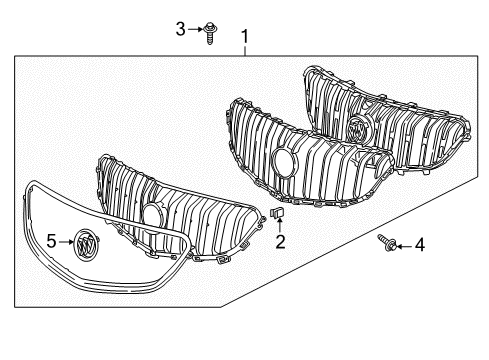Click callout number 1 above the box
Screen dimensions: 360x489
pos(245,38)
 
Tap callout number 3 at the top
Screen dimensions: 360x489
pos(181,30)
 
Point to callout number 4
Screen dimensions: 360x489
pos(420,243)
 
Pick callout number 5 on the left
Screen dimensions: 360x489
pos(50,241)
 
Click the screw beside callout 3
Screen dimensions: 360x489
pos(211,34)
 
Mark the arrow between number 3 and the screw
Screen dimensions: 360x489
pos(196,31)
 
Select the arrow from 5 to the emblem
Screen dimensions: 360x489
pos(66,241)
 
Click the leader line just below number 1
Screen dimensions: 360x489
pos(245,53)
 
